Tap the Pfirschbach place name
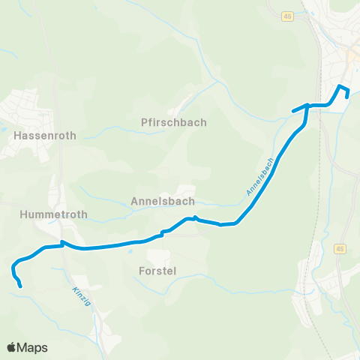173,122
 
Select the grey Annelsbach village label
163,201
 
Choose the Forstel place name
157,271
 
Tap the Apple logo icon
11,347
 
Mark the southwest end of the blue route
19,286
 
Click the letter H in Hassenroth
16,137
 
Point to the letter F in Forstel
142,271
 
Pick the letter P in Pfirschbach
144,122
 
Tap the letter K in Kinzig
75,289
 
